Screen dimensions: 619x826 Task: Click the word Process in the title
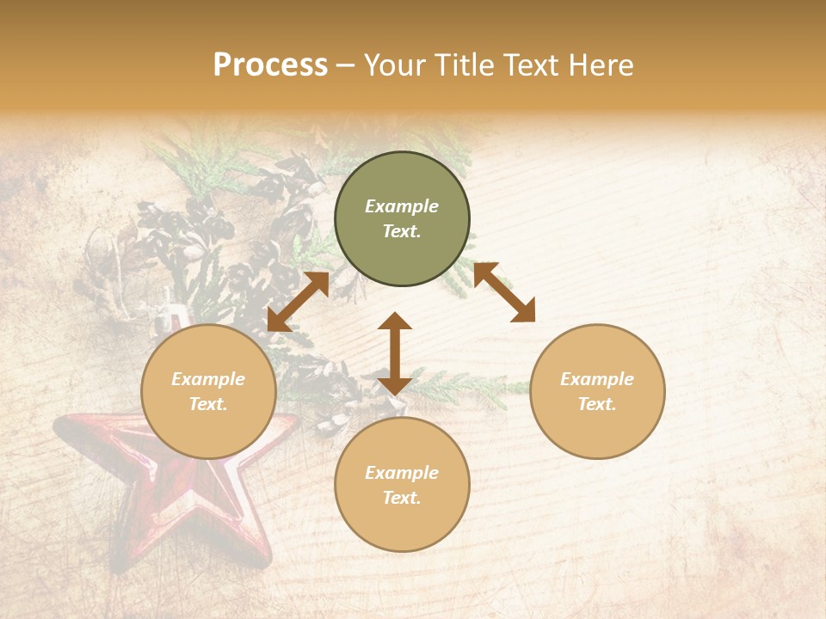pos(270,65)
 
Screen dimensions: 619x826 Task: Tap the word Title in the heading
pos(465,65)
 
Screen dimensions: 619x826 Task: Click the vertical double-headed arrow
pos(395,353)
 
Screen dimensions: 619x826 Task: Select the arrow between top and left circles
pos(298,301)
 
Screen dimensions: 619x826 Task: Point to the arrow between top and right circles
pos(504,292)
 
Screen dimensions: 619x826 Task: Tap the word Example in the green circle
pos(402,206)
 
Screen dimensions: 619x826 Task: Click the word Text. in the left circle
pos(208,404)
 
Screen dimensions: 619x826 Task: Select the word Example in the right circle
pos(597,379)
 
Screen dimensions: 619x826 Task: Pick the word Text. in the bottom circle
pos(402,498)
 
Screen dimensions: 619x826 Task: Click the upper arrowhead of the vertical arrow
pos(395,321)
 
